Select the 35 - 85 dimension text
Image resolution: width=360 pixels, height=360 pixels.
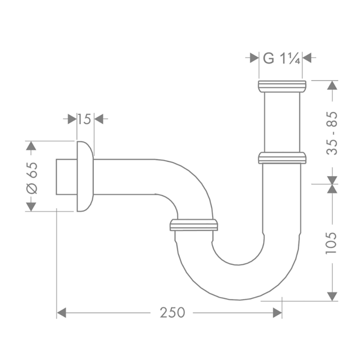point(332,133)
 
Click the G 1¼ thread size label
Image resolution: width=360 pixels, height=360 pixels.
point(281,58)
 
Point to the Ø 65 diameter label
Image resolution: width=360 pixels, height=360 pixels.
point(32,177)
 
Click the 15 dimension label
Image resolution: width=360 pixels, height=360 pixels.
point(84,119)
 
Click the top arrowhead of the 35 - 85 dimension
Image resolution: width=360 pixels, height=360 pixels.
point(332,86)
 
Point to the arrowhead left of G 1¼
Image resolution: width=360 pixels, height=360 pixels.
point(254,58)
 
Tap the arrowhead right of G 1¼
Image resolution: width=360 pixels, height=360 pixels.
point(307,58)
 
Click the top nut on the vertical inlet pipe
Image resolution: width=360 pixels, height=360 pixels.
point(282,86)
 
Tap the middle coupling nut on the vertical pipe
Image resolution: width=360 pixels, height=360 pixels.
point(282,158)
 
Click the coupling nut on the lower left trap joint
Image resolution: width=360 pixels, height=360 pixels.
point(194,225)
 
